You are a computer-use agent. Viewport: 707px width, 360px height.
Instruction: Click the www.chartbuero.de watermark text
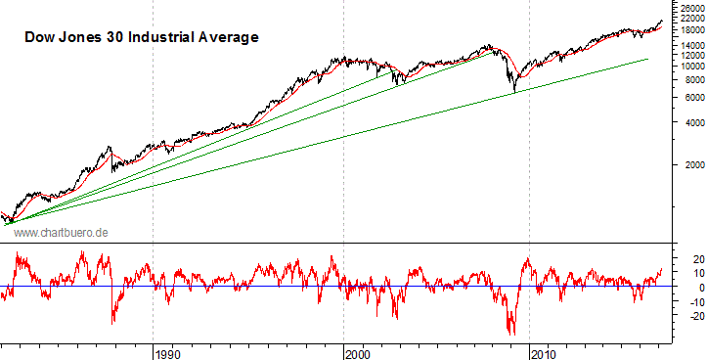point(61,232)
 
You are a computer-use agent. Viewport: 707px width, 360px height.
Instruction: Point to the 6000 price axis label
point(685,98)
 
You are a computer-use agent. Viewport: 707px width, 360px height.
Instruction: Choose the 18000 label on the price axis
point(688,30)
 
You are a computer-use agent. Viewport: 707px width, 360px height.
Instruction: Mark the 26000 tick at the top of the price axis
point(688,7)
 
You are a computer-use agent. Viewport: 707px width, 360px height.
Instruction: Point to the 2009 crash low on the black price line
point(514,93)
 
